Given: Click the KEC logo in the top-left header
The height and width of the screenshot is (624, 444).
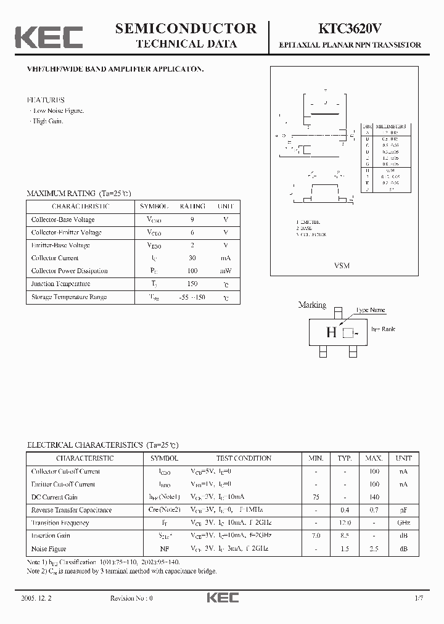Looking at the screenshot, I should tap(49, 36).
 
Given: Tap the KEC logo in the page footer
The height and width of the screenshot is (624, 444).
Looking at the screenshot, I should tap(222, 597).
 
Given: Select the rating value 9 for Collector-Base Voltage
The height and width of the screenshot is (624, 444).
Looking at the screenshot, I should tap(192, 220).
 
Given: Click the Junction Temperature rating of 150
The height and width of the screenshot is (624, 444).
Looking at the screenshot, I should tap(192, 284).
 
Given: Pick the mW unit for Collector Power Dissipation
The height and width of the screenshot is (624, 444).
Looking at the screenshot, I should tap(226, 271).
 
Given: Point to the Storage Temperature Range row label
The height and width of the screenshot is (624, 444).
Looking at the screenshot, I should tap(69, 297).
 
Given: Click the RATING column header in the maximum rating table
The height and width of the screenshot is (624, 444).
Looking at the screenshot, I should tap(192, 206).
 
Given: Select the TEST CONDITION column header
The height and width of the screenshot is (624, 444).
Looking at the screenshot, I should tap(244, 458).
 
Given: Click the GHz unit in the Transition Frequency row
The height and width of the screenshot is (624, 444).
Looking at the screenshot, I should tap(403, 522).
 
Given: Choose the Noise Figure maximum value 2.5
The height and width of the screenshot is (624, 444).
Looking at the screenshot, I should tap(374, 548).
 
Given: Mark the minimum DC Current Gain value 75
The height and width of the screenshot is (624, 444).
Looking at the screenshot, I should tap(316, 496).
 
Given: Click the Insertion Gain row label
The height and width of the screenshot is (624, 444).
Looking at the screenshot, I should tap(51, 535).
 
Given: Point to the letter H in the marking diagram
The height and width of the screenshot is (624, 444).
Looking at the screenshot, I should tap(331, 333).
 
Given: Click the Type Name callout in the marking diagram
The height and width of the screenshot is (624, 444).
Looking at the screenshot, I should tap(370, 310).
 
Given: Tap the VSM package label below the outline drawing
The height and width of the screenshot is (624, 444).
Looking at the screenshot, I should tap(342, 265).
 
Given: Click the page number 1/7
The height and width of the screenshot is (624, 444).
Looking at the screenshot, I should tap(420, 597).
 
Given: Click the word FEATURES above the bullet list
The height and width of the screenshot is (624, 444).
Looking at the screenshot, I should tap(46, 99).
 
